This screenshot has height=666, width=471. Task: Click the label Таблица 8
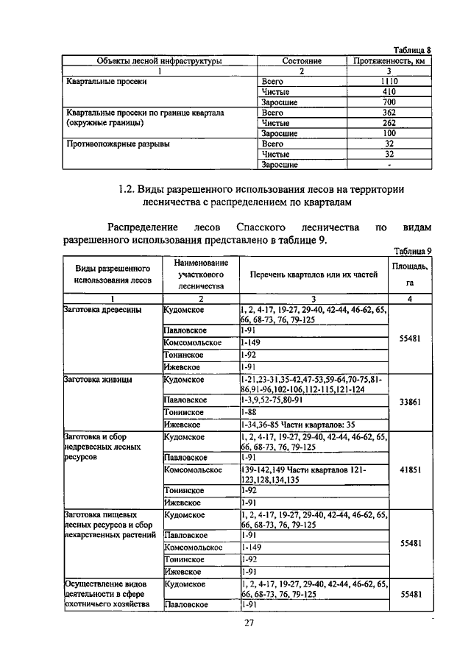[408, 49]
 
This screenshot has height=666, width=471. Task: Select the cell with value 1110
[389, 81]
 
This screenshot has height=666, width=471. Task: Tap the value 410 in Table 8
[389, 91]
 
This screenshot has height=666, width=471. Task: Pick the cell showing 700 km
[389, 102]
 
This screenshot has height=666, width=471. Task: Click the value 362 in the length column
[389, 113]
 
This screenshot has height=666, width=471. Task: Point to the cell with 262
[389, 123]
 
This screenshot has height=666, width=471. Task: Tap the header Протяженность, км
[389, 60]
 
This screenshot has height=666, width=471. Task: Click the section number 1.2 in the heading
[127, 189]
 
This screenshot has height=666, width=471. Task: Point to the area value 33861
[410, 403]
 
